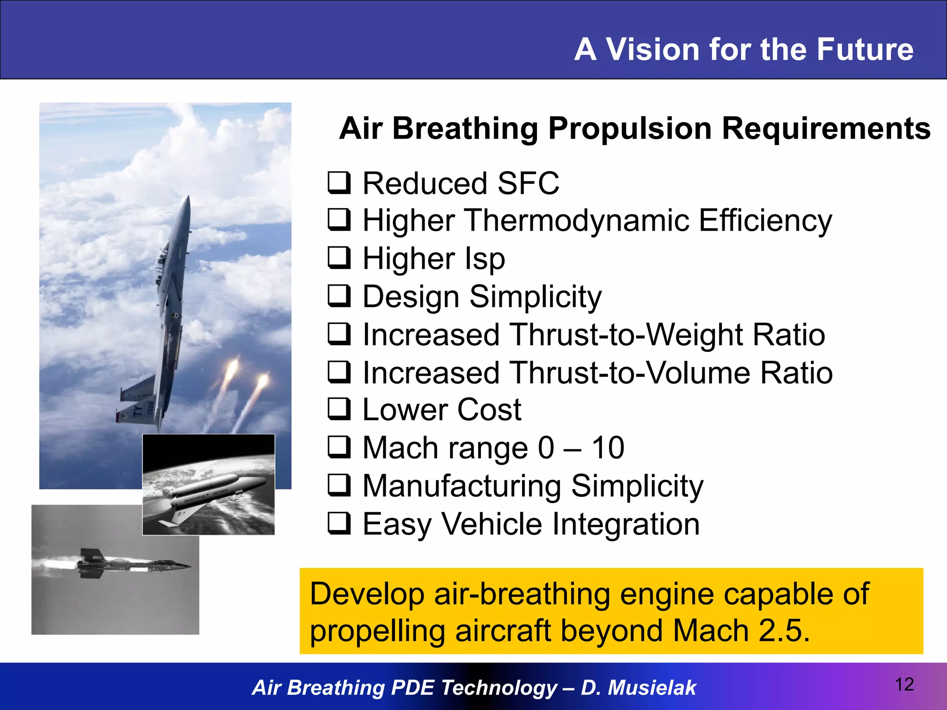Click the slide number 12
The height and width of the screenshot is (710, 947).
904,685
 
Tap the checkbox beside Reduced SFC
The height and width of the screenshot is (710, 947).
339,183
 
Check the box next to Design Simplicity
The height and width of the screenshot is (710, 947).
339,296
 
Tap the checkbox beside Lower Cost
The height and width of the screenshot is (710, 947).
339,410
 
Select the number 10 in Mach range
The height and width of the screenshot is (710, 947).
608,448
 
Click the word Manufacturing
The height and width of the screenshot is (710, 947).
461,486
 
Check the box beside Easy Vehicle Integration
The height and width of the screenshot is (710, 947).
339,524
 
